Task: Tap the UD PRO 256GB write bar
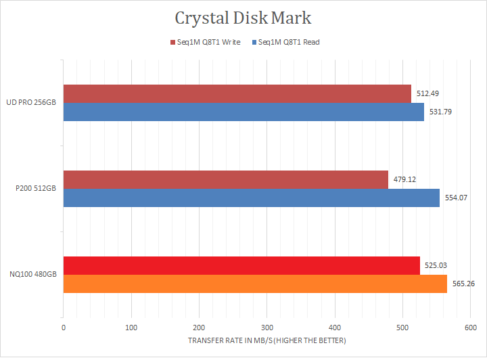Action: coord(237,93)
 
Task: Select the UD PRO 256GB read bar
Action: coord(243,112)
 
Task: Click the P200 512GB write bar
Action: coord(225,179)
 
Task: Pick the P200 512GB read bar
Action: coord(251,198)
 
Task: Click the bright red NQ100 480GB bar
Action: coord(241,265)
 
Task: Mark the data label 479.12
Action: coord(404,179)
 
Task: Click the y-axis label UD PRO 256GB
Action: coord(31,103)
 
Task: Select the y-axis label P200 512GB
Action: coord(35,189)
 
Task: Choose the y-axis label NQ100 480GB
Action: coord(32,275)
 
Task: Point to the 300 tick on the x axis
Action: coord(266,327)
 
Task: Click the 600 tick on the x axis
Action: coord(470,327)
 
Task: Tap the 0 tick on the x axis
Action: coord(64,327)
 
